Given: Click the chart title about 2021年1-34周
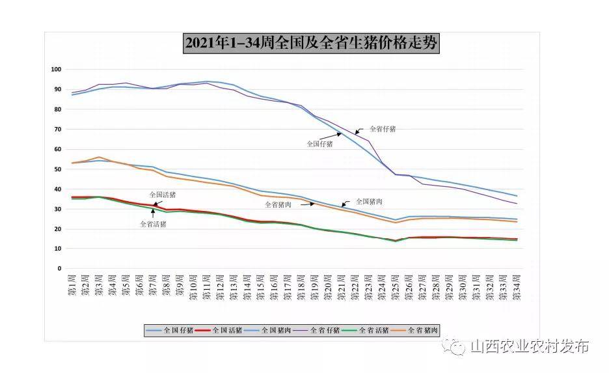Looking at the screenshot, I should [x=311, y=44].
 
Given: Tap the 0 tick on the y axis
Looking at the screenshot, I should [x=59, y=268].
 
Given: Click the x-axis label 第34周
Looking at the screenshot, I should [x=517, y=288].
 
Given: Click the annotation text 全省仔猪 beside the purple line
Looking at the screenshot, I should [x=383, y=129].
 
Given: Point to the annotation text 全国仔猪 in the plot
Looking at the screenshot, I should [x=319, y=144].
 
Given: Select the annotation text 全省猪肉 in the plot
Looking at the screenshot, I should [x=278, y=204].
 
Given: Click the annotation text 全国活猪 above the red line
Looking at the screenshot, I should [x=163, y=194].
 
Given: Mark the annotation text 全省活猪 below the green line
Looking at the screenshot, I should [x=153, y=224].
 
